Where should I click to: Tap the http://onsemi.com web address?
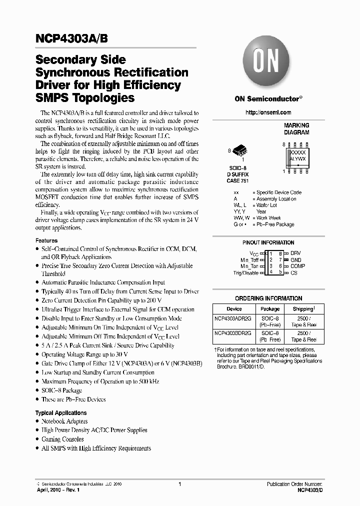pos(268,112)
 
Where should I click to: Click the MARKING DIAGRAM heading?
pos(296,129)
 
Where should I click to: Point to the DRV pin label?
pos(296,253)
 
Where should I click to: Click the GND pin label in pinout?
pos(296,260)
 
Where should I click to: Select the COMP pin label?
pos(297,266)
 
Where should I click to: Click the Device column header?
pos(234,309)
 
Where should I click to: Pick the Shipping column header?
pos(303,309)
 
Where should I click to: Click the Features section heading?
pos(46,240)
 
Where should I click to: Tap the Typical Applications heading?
pos(61,413)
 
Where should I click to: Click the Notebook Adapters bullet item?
pos(64,421)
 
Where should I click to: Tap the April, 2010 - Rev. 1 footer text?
pos(58,491)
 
